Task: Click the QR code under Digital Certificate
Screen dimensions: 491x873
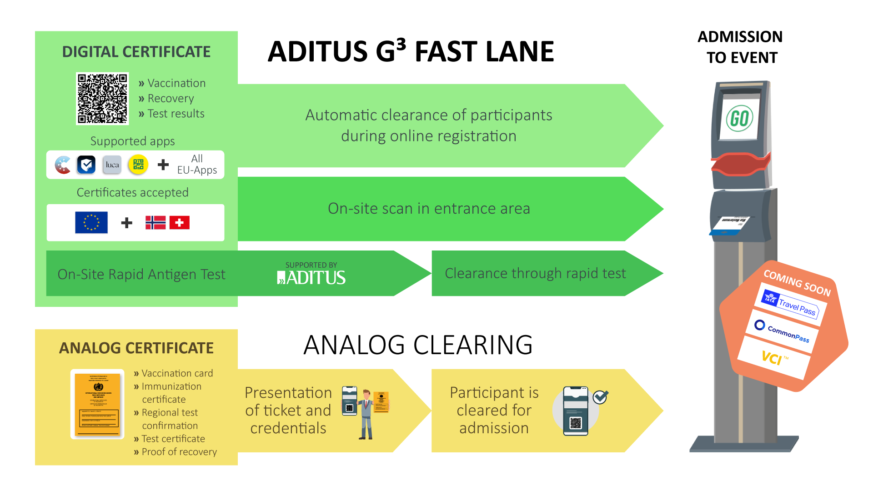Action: [102, 98]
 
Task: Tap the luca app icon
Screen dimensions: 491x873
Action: [112, 165]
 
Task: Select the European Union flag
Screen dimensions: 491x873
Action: [91, 222]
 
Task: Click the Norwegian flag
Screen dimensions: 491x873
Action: [156, 222]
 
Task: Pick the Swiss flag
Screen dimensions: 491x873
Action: [180, 222]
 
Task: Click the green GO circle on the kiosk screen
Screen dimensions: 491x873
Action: [740, 119]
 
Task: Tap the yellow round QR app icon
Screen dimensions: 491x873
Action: [138, 165]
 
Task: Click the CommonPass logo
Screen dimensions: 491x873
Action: [783, 331]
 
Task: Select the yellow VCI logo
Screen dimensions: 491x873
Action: [773, 358]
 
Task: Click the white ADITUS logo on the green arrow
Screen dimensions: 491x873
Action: [312, 277]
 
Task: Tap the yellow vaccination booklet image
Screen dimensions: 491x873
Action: [97, 404]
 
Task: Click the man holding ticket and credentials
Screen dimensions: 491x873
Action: [366, 415]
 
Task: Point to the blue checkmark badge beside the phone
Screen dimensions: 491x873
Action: [600, 397]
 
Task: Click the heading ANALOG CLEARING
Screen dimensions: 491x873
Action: [418, 345]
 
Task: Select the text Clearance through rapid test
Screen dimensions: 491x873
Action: [535, 273]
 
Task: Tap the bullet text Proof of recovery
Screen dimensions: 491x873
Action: [179, 452]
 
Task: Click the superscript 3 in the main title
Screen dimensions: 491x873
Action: [401, 44]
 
